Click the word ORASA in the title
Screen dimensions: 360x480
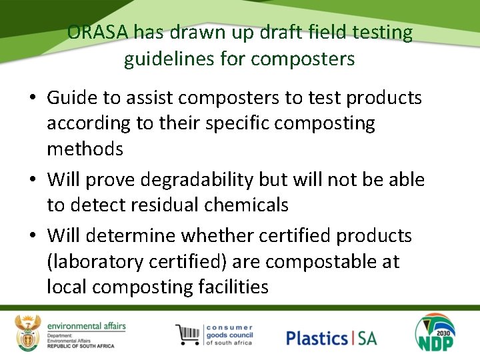[97, 33]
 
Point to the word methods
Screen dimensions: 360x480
[85, 149]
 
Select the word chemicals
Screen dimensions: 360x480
[247, 205]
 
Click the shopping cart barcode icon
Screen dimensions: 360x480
[188, 334]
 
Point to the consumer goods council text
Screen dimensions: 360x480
[229, 334]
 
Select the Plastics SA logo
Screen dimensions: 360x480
[331, 338]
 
